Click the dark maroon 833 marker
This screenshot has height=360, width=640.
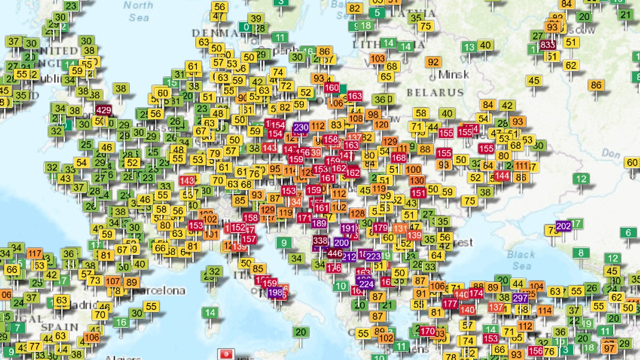(548, 45)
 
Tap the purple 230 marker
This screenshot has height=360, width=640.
(301, 127)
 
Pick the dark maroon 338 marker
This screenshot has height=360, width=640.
(320, 241)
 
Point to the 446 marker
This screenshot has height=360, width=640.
(335, 253)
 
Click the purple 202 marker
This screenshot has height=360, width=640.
(564, 226)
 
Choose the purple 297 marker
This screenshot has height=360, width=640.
(519, 298)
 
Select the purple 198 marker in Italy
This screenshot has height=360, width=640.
(275, 292)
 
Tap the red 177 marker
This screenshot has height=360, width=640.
(450, 303)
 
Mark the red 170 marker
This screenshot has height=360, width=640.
(428, 331)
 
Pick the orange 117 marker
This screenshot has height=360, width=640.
(35, 254)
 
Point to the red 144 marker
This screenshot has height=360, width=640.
(502, 175)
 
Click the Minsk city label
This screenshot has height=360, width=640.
(453, 74)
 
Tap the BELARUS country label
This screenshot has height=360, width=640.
(435, 92)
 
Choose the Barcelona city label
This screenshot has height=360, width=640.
(159, 291)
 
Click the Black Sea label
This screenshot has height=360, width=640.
(521, 260)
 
